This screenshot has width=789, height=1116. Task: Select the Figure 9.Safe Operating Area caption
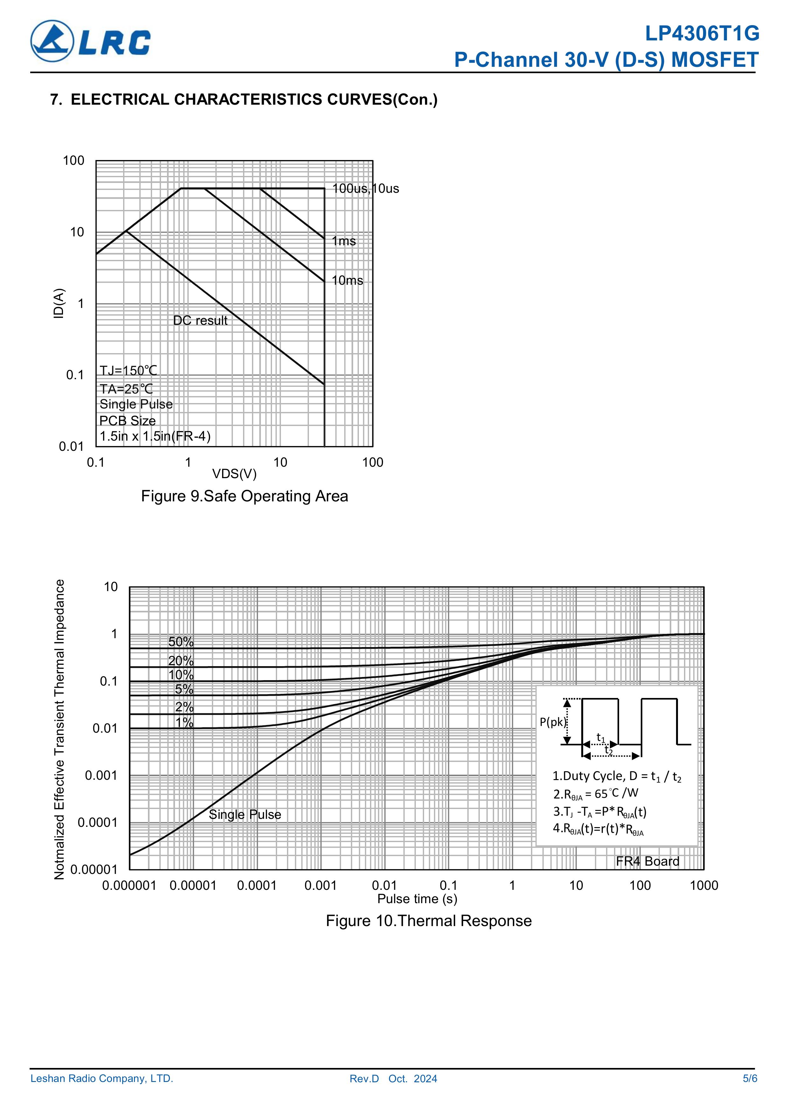(x=245, y=496)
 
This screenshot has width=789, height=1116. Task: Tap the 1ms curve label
(x=344, y=241)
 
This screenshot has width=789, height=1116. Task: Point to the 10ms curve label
(x=347, y=281)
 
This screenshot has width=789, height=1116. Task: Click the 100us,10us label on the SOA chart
(x=366, y=189)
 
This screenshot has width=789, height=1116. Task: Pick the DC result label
(x=200, y=321)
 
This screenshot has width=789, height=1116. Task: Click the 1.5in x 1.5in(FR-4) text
(x=155, y=436)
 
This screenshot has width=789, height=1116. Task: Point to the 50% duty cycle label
(x=181, y=642)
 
